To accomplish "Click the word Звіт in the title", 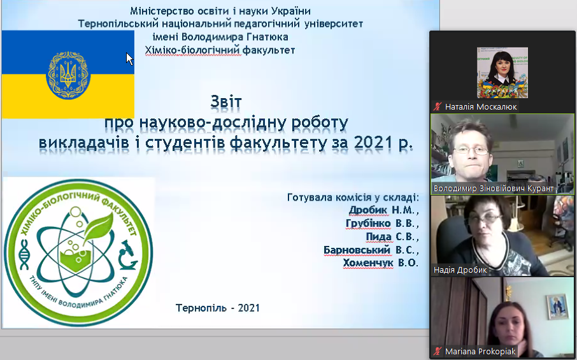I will [x=226, y=101].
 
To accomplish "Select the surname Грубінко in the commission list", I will [x=367, y=223].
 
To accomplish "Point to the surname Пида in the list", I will [x=378, y=236].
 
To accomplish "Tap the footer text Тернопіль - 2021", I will [x=218, y=308].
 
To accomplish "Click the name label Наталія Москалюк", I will [x=481, y=107].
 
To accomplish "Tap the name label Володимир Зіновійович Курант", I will [x=493, y=189].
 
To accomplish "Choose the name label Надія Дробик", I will [x=460, y=270].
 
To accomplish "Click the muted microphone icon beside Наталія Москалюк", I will [x=438, y=107].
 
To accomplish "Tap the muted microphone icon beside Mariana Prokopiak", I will [x=438, y=351].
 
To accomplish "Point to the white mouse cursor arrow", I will [x=129, y=59].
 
